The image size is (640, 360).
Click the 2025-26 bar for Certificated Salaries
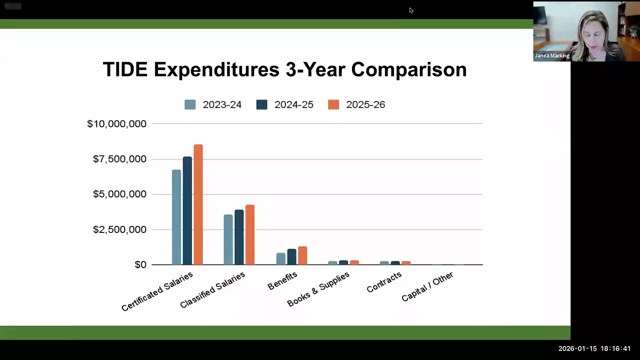(x=198, y=204)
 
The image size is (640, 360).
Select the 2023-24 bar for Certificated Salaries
(x=176, y=217)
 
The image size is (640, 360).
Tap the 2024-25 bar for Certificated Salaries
(x=187, y=210)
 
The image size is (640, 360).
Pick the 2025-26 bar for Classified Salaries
(x=250, y=234)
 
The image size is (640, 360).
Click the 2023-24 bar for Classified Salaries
(x=228, y=239)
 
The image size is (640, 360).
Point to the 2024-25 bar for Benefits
(x=291, y=256)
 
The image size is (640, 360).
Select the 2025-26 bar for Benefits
(x=302, y=255)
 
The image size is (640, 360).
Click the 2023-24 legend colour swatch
(x=190, y=104)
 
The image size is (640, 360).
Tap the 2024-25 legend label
(x=293, y=104)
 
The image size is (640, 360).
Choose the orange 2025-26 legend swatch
(x=333, y=104)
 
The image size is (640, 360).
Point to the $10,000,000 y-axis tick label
(x=116, y=123)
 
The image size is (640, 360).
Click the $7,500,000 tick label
(x=119, y=159)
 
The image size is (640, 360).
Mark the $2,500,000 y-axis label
(x=119, y=229)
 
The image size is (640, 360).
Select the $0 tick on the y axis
(x=140, y=264)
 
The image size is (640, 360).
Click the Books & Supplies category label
(x=318, y=289)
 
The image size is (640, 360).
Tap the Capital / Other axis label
(x=427, y=286)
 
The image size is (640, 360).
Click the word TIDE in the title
(x=125, y=69)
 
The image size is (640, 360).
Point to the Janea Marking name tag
(x=552, y=55)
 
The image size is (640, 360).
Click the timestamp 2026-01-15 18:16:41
(x=594, y=348)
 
